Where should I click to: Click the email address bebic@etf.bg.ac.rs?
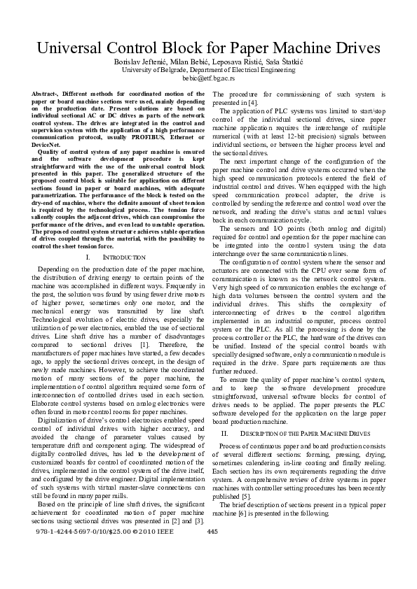tap(208, 78)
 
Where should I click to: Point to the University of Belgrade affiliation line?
tap(208, 71)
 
